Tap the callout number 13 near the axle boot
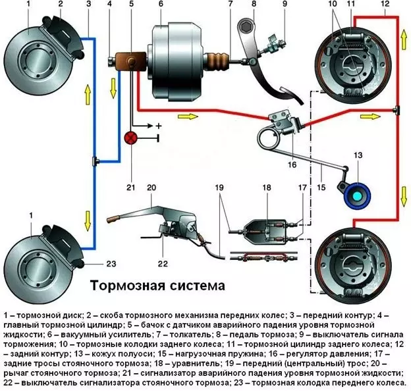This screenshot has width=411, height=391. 358,156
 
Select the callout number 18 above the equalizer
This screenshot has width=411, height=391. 267,188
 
